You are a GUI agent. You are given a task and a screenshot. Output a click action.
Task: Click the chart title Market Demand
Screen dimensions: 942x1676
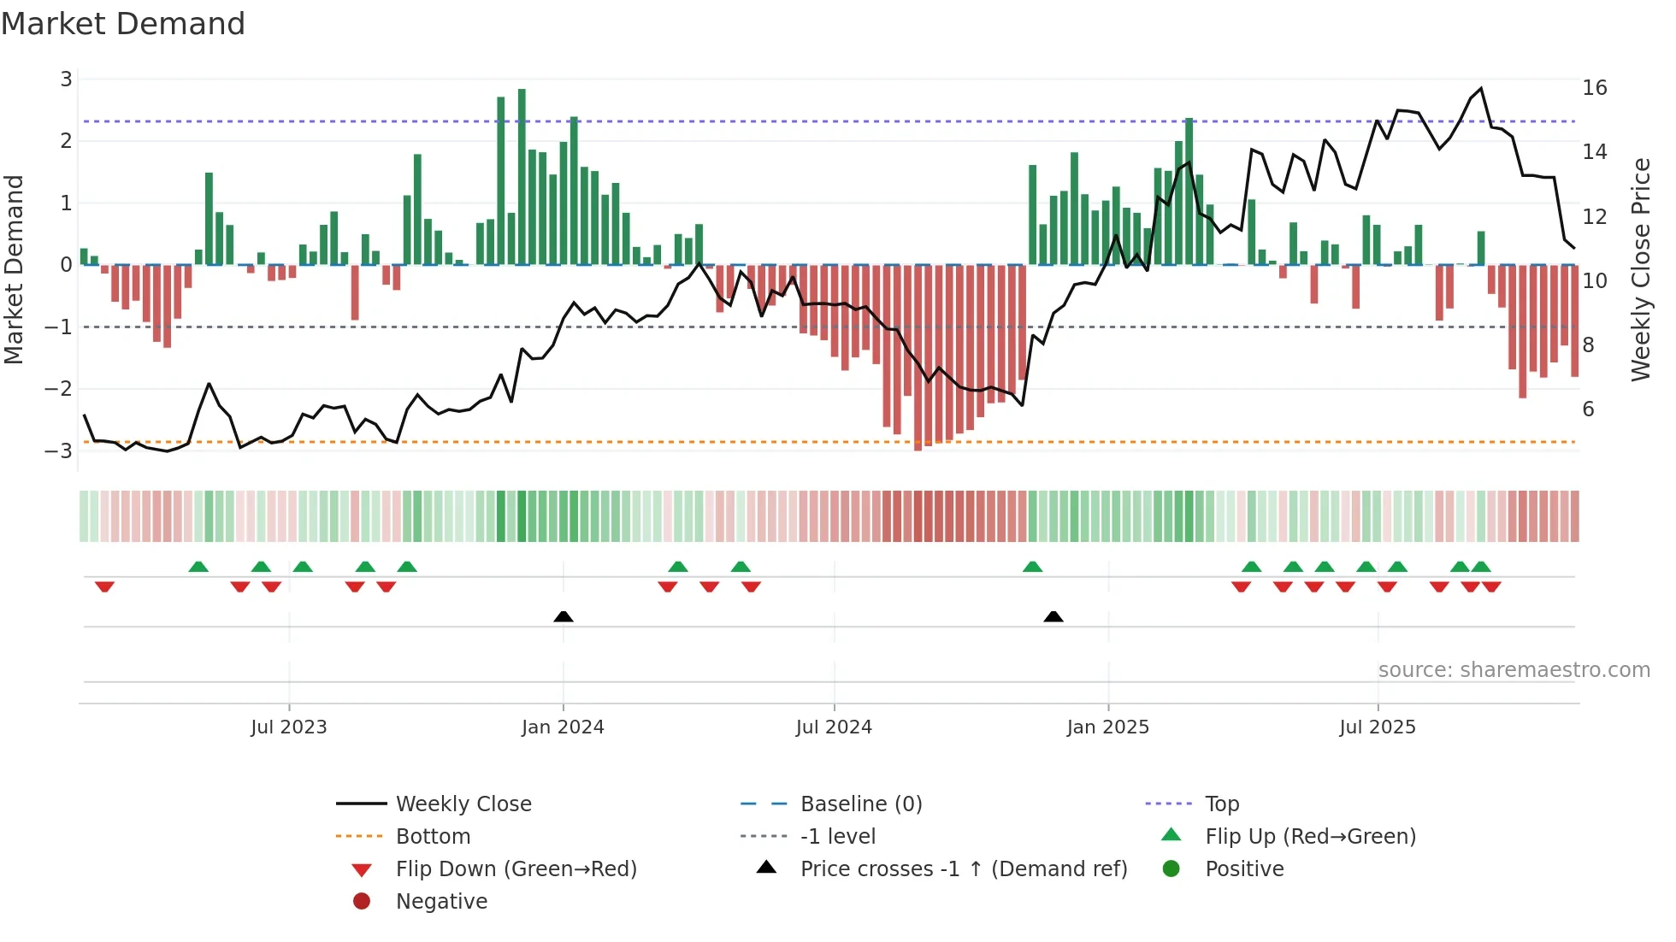click(123, 24)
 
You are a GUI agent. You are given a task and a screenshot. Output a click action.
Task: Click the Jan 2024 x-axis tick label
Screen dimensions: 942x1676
click(563, 727)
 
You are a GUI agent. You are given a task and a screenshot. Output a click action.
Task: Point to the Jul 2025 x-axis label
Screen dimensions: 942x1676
click(1378, 727)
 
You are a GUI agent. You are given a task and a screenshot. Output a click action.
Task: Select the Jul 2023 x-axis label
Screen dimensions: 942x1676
click(289, 727)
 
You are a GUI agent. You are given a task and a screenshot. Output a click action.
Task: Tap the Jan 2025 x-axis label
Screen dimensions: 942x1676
click(1108, 727)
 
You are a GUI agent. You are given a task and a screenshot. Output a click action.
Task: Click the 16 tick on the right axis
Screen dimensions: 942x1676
click(1595, 88)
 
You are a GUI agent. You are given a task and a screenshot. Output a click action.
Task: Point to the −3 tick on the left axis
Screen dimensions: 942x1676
click(59, 450)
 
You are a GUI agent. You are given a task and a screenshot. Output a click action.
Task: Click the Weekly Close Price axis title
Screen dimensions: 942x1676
click(1640, 269)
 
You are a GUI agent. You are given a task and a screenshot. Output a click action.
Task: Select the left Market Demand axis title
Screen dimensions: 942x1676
click(15, 269)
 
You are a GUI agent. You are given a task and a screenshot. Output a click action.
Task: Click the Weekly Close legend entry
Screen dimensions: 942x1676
click(463, 804)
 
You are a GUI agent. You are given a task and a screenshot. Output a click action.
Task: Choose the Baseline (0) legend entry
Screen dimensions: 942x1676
click(861, 804)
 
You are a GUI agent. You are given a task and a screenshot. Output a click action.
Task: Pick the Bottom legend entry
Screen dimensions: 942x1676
click(433, 837)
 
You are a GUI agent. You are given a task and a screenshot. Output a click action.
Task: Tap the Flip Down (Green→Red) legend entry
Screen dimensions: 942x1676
click(516, 869)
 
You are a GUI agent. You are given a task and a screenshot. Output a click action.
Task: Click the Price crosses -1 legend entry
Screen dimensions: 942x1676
click(964, 869)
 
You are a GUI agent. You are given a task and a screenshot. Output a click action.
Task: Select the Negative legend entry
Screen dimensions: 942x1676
click(441, 902)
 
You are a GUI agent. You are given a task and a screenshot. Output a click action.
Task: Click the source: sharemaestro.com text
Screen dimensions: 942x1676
click(1514, 670)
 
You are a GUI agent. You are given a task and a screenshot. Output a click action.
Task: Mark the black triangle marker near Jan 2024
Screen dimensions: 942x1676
click(564, 616)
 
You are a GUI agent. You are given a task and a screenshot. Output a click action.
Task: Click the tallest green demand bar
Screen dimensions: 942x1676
click(522, 175)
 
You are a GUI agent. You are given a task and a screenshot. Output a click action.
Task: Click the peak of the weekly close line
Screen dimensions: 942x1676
click(1481, 89)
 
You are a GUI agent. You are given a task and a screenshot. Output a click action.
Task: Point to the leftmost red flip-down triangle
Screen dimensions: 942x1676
click(104, 586)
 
